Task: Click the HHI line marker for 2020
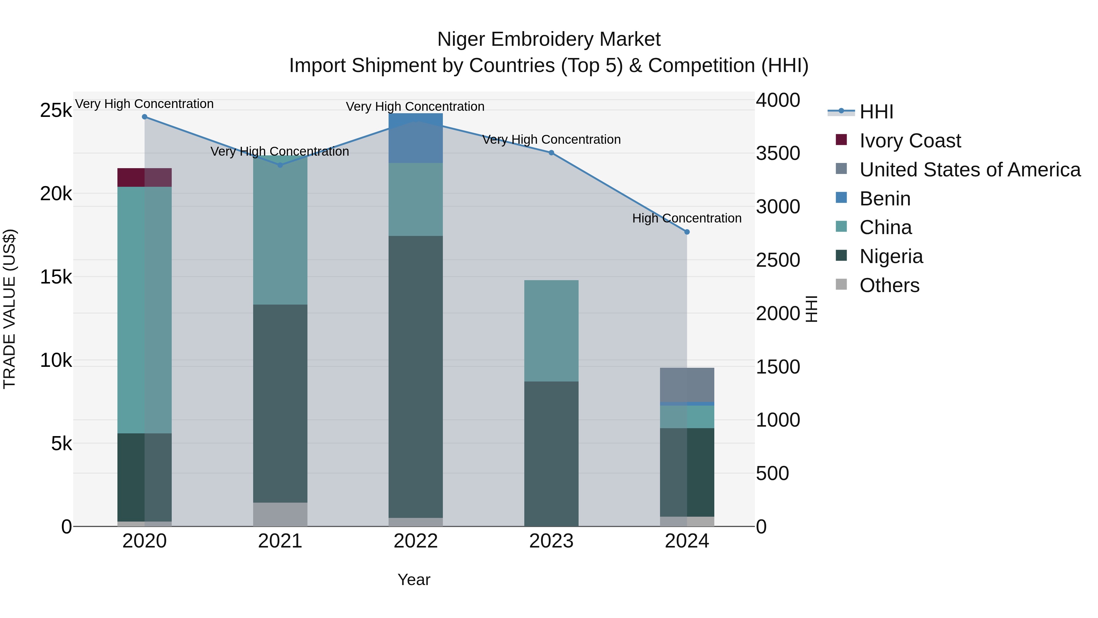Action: point(145,117)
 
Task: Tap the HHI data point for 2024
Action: point(687,232)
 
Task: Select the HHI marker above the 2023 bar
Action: point(551,153)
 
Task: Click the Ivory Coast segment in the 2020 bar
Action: point(145,177)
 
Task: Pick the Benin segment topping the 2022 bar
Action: point(416,138)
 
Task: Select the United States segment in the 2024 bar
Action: point(687,385)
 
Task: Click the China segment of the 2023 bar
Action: point(551,331)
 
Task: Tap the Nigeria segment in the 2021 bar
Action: point(280,403)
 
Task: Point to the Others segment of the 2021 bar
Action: point(280,514)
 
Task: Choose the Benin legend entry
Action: point(885,199)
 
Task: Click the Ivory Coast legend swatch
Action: point(841,139)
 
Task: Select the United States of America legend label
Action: point(970,170)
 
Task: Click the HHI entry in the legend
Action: point(876,112)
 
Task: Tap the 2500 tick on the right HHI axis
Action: point(778,260)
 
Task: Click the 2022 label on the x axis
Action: point(416,541)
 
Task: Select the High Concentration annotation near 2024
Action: point(686,219)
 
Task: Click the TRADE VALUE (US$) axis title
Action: point(9,309)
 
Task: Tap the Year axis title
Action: point(414,580)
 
